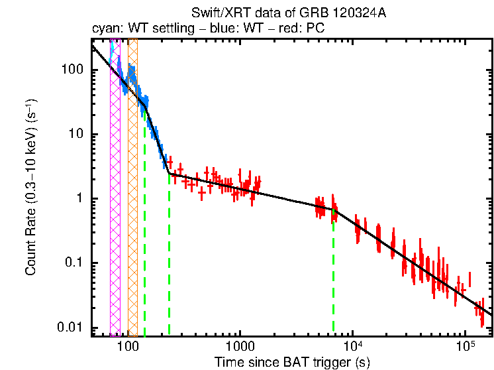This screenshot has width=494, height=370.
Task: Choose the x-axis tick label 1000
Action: coord(240,345)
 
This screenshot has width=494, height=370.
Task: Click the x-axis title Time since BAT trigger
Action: coord(291,362)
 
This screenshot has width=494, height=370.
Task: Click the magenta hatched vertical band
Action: coord(115,199)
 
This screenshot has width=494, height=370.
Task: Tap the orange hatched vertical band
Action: coord(132,199)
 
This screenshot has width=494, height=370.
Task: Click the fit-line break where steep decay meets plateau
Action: coord(169,174)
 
